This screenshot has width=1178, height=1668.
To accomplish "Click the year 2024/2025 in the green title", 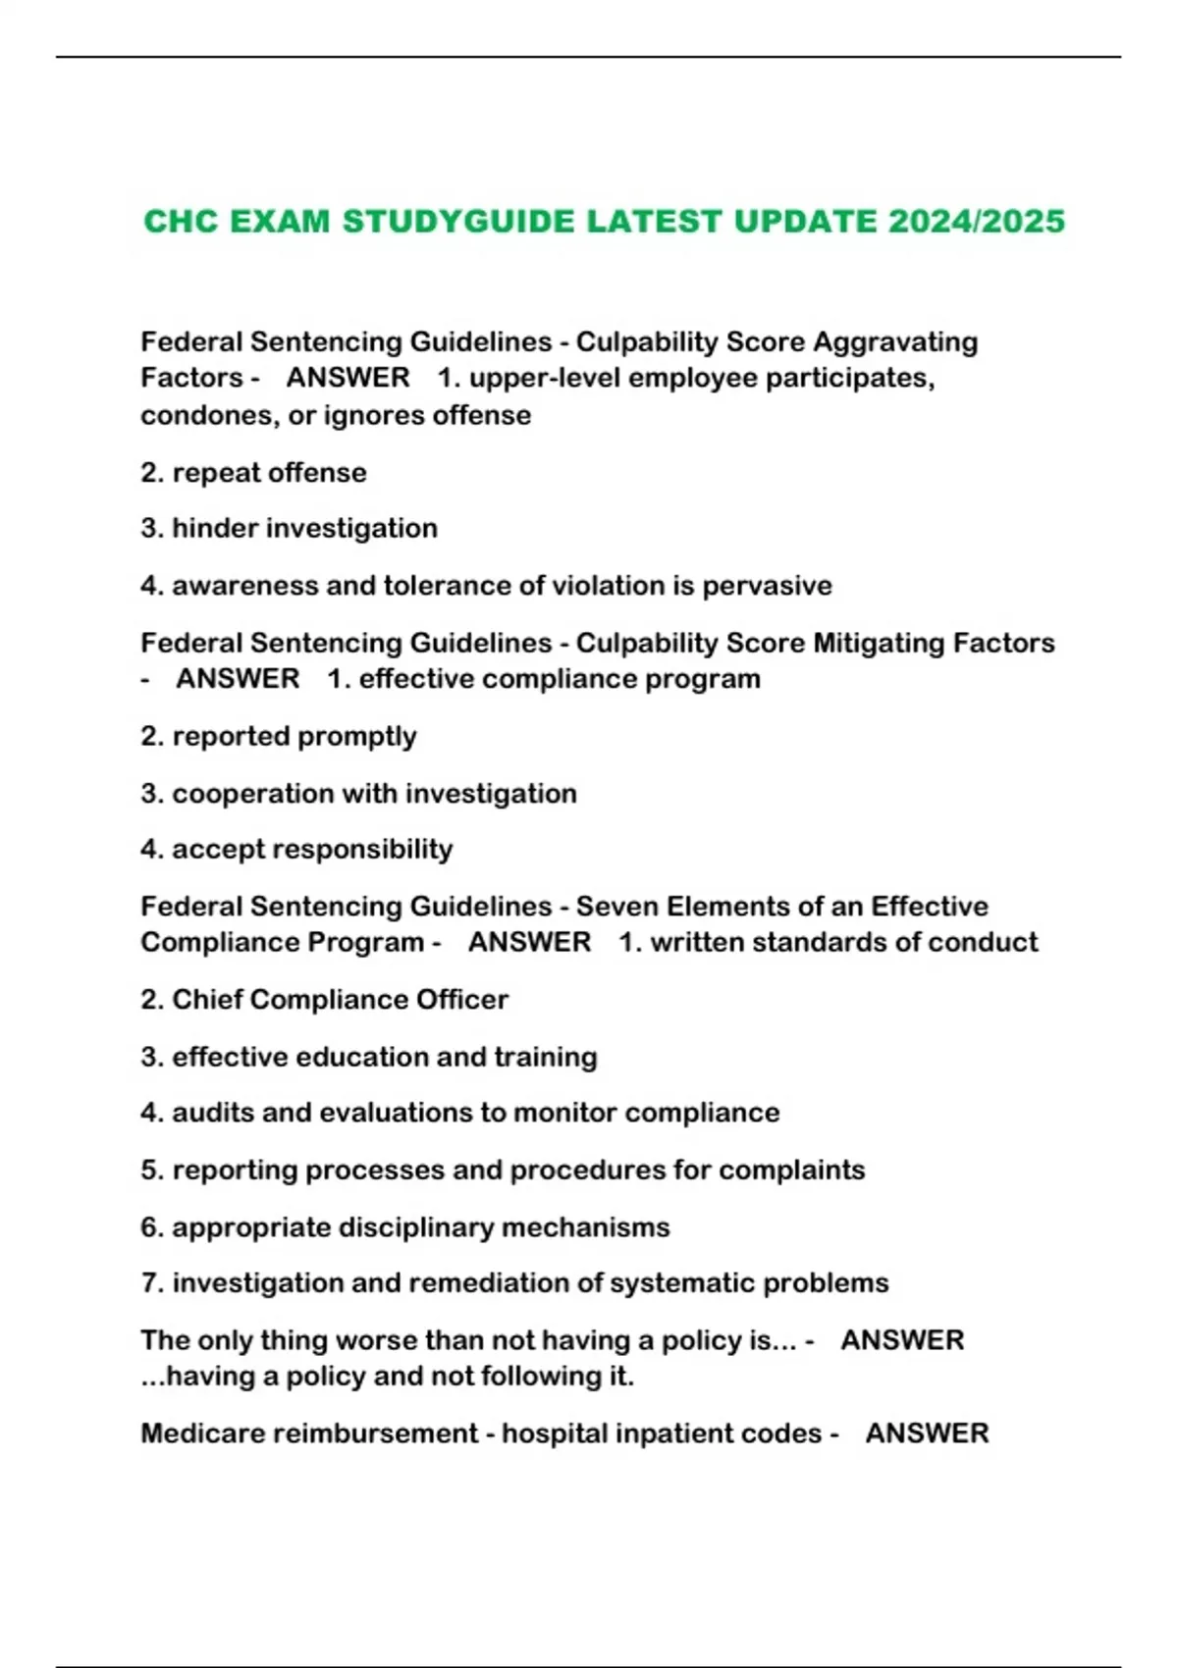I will click(x=976, y=221).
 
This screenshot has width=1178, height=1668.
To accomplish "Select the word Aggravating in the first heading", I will click(x=895, y=341).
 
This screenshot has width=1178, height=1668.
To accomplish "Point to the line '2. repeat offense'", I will click(x=253, y=472).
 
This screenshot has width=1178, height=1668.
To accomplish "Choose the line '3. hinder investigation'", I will click(x=289, y=528).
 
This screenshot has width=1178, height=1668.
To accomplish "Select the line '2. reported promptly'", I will click(x=278, y=736).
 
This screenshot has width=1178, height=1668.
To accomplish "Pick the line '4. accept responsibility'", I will click(x=296, y=849).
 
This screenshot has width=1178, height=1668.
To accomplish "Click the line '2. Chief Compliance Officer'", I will click(x=324, y=999).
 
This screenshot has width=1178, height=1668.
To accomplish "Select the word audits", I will click(x=213, y=1113).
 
